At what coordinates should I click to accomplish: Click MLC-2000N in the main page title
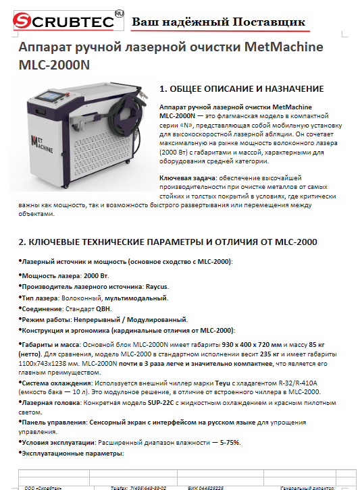[x=53, y=67]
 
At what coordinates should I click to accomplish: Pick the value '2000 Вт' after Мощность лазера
[x=95, y=276]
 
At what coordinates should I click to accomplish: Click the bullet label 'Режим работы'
[x=46, y=319]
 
